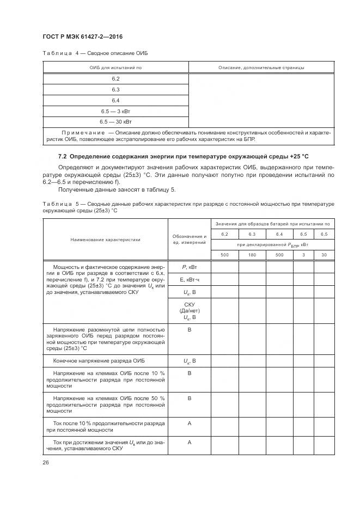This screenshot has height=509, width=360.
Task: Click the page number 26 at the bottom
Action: (45, 462)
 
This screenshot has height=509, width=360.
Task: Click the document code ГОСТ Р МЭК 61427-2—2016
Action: (82, 36)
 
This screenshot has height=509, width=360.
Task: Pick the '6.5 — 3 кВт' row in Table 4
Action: (115, 111)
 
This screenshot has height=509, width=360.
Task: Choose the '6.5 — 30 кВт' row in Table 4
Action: (115, 121)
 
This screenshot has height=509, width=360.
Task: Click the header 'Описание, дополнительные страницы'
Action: (261, 68)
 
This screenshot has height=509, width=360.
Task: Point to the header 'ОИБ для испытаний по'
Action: (115, 68)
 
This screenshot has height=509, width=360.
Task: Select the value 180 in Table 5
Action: (252, 255)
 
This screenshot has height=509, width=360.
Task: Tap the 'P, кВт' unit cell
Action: (190, 267)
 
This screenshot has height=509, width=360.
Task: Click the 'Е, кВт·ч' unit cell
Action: (190, 280)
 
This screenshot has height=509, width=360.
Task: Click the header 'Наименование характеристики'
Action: (105, 239)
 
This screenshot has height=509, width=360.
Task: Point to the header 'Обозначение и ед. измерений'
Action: (190, 239)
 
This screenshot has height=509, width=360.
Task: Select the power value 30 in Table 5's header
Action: (325, 255)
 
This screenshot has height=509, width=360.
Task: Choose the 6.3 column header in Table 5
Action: (252, 234)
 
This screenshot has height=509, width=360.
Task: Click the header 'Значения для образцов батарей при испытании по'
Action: (272, 224)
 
